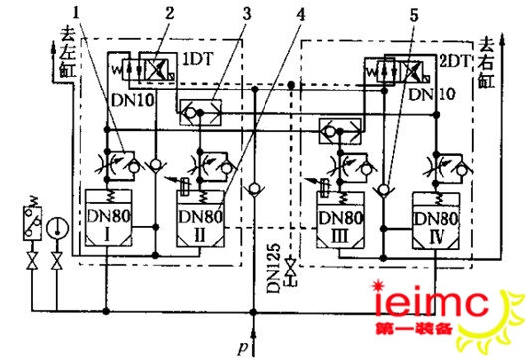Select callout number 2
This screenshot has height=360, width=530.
pos(170,15)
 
